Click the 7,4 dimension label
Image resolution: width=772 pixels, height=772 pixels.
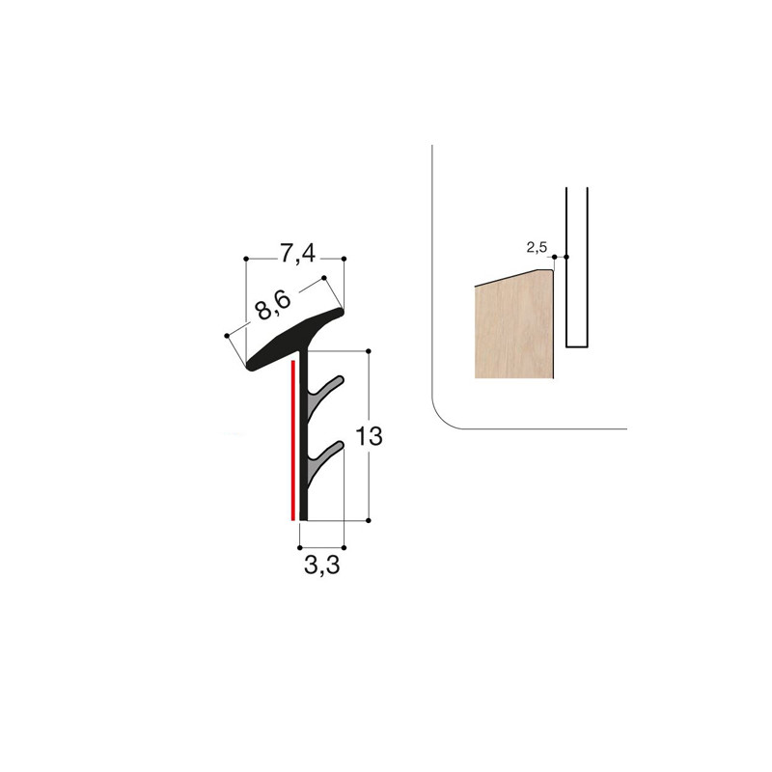coord(297,254)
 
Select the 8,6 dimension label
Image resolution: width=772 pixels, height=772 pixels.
coord(272,306)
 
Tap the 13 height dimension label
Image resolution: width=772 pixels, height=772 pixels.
coord(369,436)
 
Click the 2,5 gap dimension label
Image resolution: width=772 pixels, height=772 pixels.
coord(537,248)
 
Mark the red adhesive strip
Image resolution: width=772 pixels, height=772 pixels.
coord(293,440)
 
